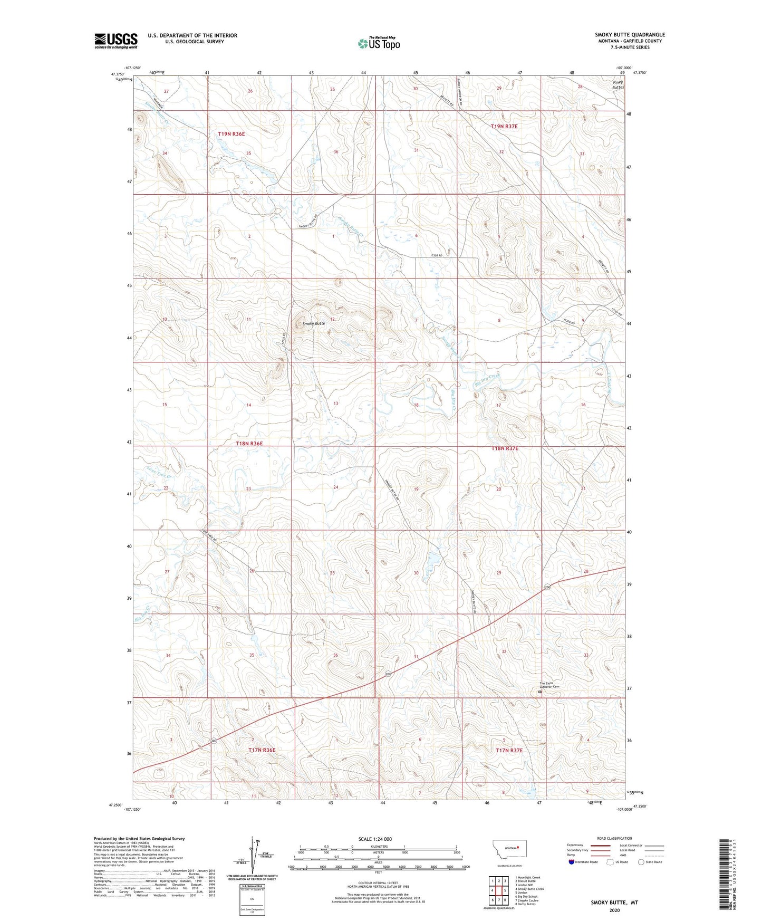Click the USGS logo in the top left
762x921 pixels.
click(115, 41)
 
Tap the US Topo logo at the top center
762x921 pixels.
click(378, 43)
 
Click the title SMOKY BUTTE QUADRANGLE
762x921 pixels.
click(630, 35)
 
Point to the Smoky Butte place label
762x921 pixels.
click(313, 323)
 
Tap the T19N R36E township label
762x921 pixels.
click(232, 134)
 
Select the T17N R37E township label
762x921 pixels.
click(508, 750)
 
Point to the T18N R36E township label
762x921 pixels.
click(248, 444)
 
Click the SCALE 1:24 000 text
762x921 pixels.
click(375, 839)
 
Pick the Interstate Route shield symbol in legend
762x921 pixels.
click(572, 862)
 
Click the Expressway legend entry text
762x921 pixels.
click(576, 845)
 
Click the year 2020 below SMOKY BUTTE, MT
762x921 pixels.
click(614, 910)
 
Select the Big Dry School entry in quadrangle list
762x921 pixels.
click(526, 896)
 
